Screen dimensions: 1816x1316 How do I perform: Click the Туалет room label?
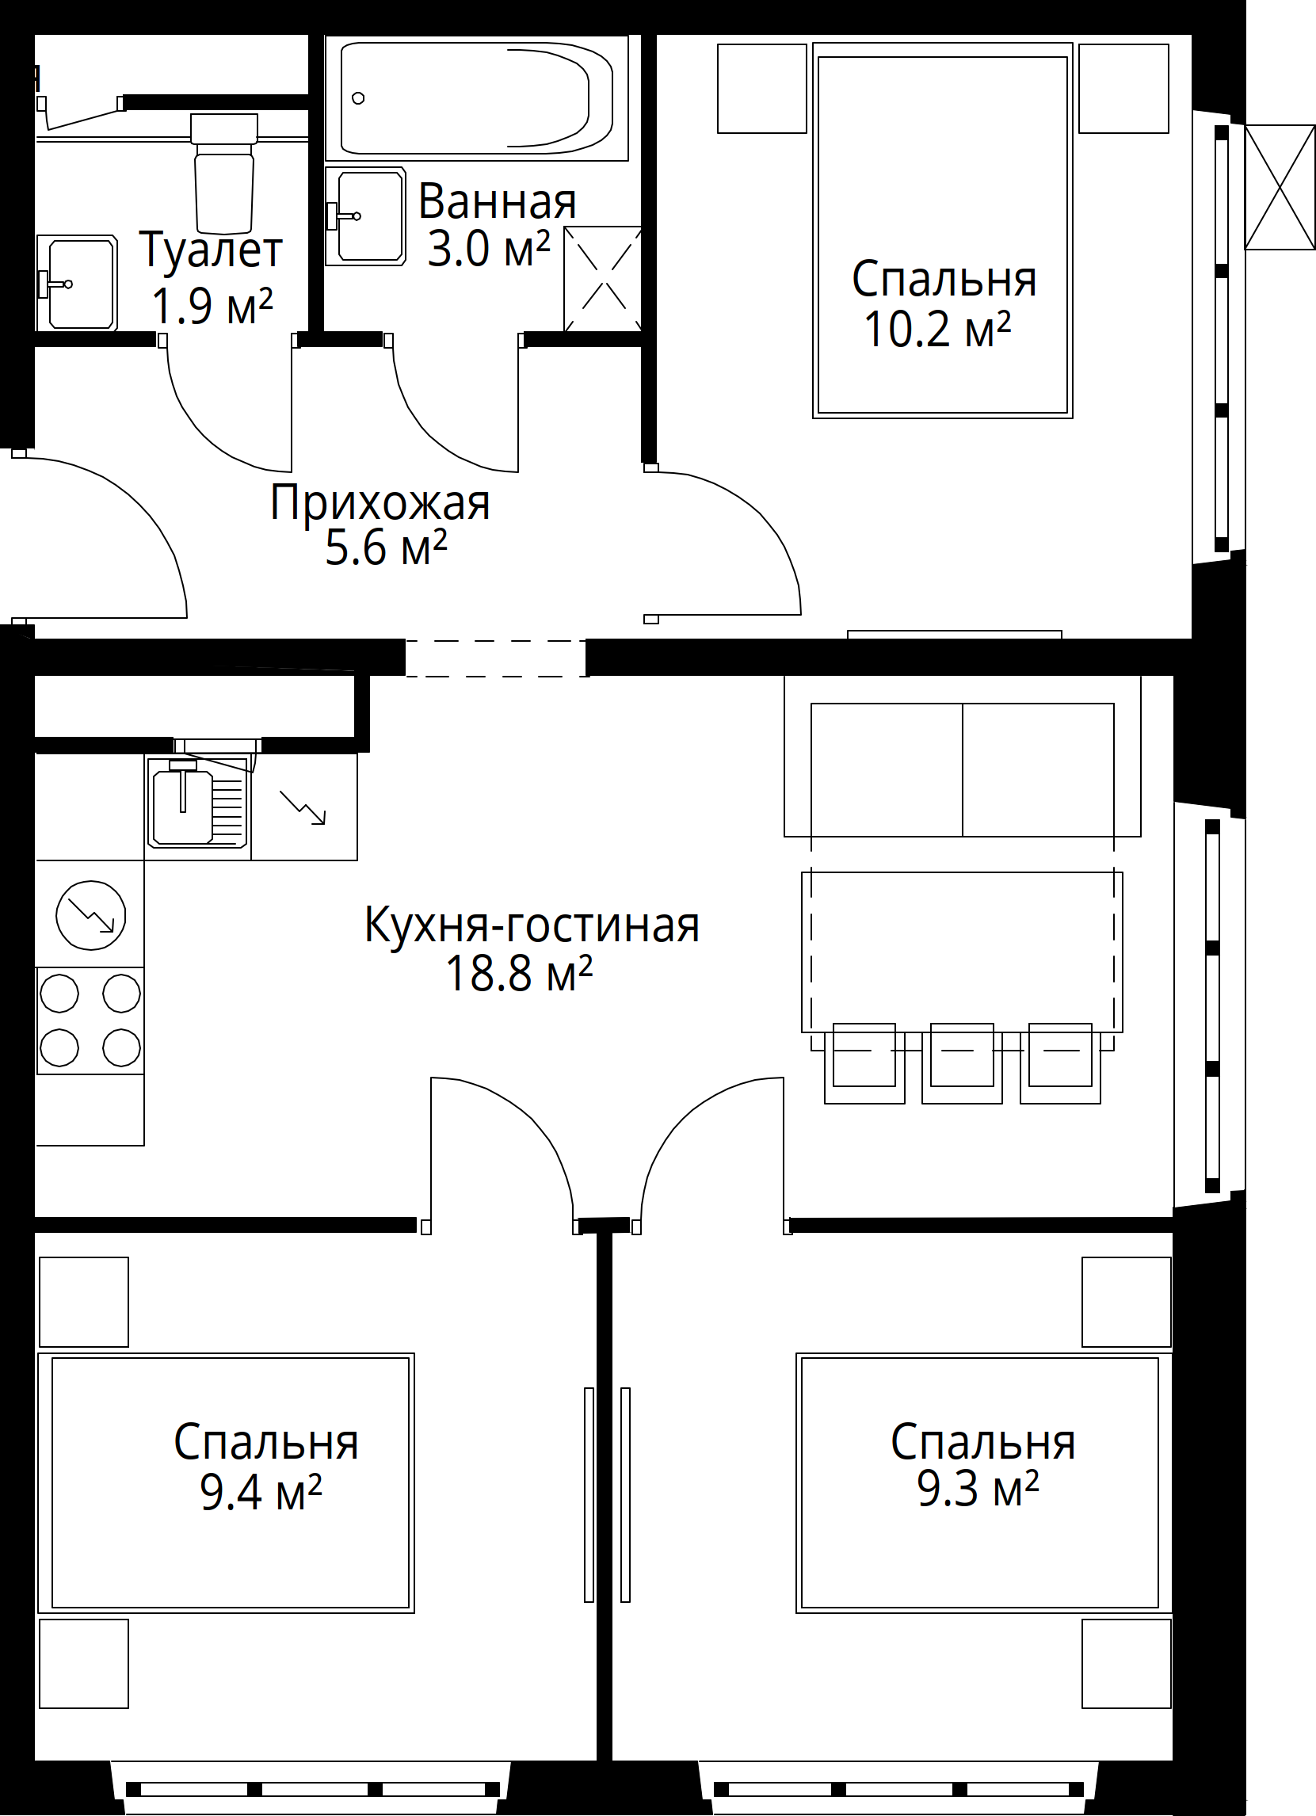(x=212, y=250)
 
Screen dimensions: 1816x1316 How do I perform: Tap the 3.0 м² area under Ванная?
(x=488, y=249)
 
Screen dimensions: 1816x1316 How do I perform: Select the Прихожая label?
(x=380, y=503)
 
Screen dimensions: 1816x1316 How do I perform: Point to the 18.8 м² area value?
(x=519, y=975)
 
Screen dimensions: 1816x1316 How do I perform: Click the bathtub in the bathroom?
(x=476, y=98)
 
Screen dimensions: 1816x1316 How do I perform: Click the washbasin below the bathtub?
(x=368, y=216)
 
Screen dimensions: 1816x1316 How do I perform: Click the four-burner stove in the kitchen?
(x=90, y=1020)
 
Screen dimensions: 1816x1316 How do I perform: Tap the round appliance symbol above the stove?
(x=90, y=915)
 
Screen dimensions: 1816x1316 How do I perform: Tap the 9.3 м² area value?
(x=978, y=1490)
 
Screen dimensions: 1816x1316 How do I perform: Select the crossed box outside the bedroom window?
(x=1280, y=186)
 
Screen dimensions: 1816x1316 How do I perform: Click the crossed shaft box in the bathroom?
(x=603, y=279)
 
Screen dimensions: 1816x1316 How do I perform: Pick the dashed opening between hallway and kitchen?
(x=496, y=658)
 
